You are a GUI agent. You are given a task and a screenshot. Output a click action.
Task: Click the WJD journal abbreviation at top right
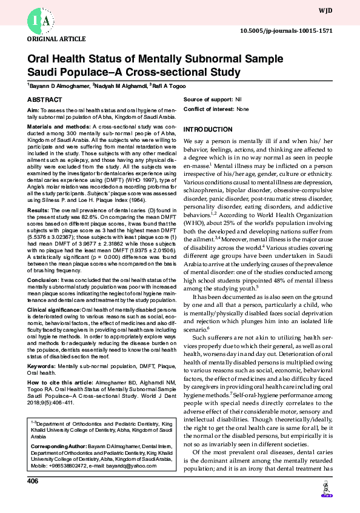tap(342, 11)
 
